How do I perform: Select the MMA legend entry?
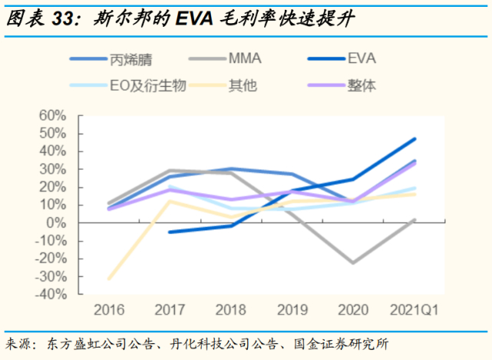247,58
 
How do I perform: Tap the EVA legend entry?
362,58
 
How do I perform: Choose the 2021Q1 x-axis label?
415,311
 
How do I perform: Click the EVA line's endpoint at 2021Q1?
415,139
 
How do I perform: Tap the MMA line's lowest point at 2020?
354,263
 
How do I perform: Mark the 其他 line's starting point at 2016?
109,279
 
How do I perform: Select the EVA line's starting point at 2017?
170,232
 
